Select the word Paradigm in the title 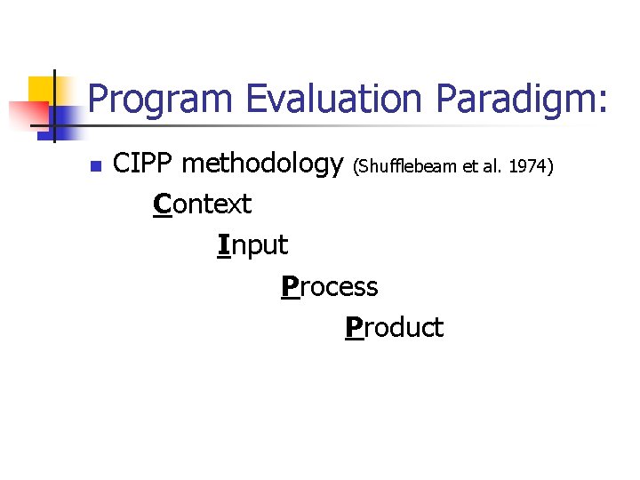(x=516, y=99)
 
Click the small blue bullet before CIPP (x=96, y=165)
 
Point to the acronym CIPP (x=144, y=164)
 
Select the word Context (x=203, y=204)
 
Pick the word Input (x=253, y=245)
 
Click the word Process (x=330, y=287)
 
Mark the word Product (x=395, y=328)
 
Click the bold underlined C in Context (x=162, y=204)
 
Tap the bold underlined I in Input (x=223, y=245)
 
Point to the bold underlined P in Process (x=289, y=287)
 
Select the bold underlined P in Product (x=354, y=328)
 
